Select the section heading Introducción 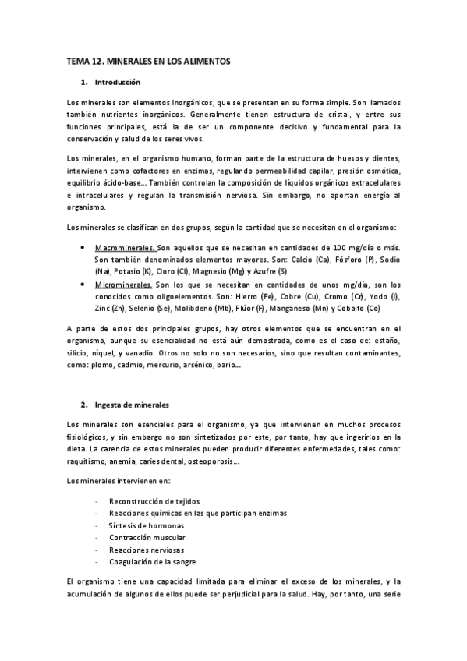pyautogui.click(x=116, y=82)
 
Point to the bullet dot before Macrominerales pyautogui.click(x=83, y=247)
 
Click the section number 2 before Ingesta pyautogui.click(x=83, y=405)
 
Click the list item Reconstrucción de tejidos pyautogui.click(x=152, y=501)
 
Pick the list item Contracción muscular pyautogui.click(x=147, y=538)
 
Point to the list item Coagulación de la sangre pyautogui.click(x=152, y=562)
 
